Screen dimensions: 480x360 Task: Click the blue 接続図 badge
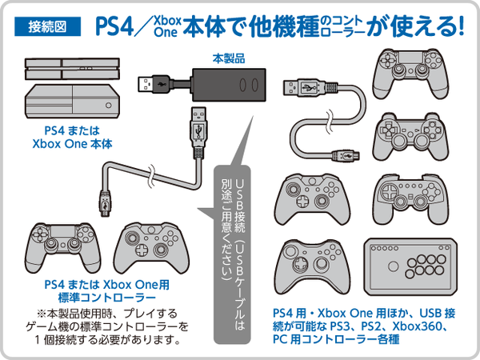tap(47, 26)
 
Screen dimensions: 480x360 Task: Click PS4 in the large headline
tap(114, 26)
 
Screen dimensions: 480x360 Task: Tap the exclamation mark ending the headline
tap(460, 26)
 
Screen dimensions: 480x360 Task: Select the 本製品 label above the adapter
tap(229, 58)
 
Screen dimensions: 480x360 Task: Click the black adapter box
tap(229, 85)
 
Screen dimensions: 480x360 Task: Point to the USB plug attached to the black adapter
tap(153, 84)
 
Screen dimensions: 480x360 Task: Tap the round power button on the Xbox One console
tap(108, 105)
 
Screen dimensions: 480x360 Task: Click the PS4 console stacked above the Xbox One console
tap(72, 69)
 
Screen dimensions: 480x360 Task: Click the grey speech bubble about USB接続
tap(232, 254)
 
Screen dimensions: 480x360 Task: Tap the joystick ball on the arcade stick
tap(393, 266)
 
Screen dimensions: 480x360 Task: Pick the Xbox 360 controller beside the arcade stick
tap(312, 267)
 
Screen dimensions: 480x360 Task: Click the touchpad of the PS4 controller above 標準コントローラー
tap(63, 232)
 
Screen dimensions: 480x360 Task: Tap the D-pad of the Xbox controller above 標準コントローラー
tap(141, 250)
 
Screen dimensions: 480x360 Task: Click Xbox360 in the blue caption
tap(418, 326)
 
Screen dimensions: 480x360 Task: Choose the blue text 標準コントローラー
tap(107, 298)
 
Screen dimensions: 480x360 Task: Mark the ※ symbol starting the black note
tap(42, 314)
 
